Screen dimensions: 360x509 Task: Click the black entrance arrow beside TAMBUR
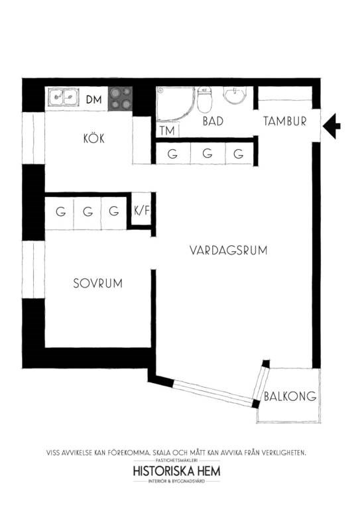331,126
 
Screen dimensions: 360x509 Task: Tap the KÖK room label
94,139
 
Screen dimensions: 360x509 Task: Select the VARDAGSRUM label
228,251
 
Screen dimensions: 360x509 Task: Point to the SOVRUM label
97,284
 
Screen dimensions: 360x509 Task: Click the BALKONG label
290,396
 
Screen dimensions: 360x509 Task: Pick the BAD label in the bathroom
213,121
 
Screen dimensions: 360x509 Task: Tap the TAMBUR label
285,121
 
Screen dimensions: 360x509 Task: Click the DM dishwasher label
94,99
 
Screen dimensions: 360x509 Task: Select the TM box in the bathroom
168,131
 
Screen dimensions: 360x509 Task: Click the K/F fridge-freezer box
141,211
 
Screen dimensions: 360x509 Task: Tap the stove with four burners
121,98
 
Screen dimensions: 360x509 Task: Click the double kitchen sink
63,97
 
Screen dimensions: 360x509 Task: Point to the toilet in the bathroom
204,99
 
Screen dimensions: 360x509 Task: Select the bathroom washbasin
235,95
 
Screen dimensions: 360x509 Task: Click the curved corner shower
175,103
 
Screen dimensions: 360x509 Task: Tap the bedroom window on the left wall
33,270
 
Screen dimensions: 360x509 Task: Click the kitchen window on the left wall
33,138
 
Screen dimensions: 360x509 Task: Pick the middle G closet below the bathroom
208,153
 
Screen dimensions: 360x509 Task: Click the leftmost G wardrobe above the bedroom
60,212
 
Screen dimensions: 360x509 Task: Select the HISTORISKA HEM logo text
176,471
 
